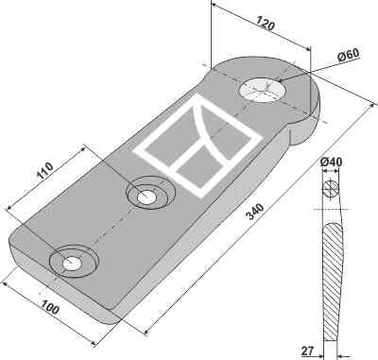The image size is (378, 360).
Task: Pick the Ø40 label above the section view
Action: coord(331,163)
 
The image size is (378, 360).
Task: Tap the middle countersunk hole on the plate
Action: coord(147,196)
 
